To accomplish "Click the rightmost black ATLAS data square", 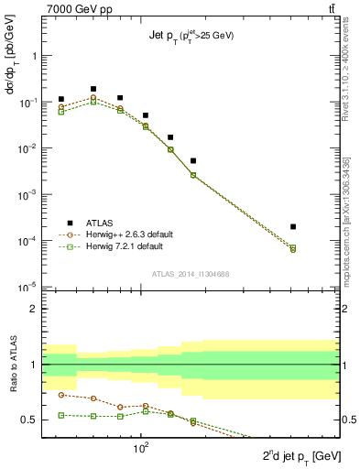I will click(293, 226).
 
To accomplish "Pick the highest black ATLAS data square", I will click(93, 89).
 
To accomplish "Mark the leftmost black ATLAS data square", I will click(61, 99).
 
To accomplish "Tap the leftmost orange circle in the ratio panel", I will click(61, 395).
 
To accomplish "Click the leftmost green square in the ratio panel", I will click(61, 415).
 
